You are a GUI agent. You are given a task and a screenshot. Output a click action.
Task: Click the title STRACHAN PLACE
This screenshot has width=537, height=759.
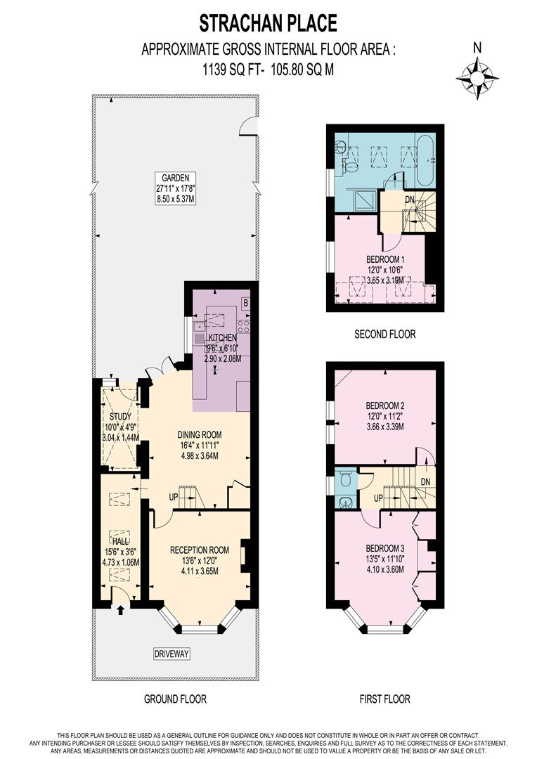click(x=268, y=23)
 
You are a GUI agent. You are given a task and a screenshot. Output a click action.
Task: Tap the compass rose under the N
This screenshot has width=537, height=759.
click(x=477, y=77)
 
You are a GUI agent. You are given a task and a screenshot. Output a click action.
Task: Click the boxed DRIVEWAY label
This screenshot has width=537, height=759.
click(x=172, y=654)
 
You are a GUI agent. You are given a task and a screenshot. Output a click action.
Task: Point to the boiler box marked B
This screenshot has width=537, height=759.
click(x=245, y=304)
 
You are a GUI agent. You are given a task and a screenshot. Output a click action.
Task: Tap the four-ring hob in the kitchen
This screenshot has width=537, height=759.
click(x=243, y=326)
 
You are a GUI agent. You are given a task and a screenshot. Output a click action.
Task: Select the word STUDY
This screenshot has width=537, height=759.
click(x=120, y=416)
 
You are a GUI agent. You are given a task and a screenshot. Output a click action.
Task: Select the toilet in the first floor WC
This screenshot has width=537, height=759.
click(x=343, y=479)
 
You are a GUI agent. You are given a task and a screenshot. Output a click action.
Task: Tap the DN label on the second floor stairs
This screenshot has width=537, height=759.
click(x=409, y=200)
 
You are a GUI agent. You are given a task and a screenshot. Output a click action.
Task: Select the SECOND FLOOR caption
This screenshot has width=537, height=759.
click(x=384, y=335)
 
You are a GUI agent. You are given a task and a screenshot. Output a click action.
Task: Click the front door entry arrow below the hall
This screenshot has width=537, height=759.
click(x=120, y=610)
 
